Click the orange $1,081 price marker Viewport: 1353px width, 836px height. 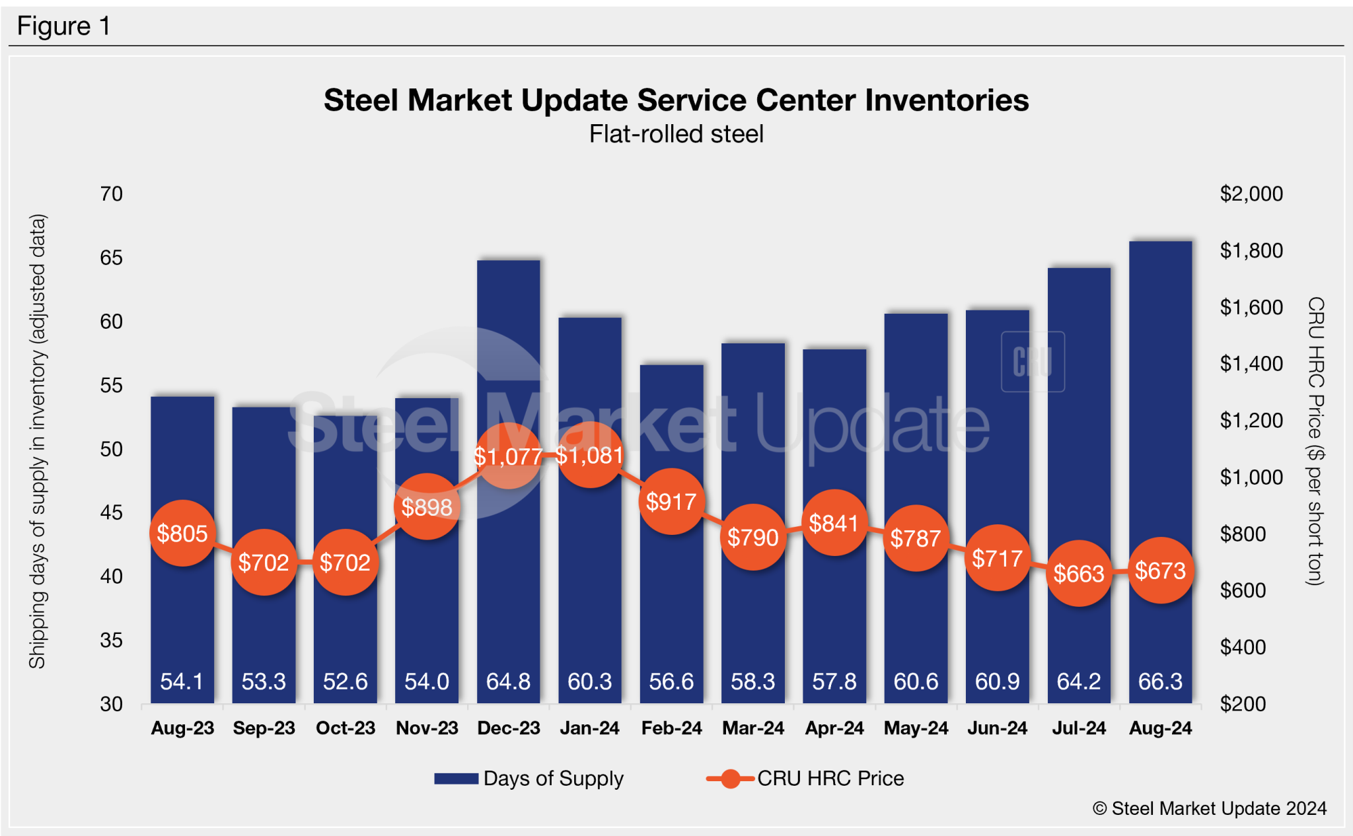click(x=589, y=455)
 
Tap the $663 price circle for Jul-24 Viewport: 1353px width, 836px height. click(x=1079, y=573)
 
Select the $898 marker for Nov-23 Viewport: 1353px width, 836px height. click(x=427, y=506)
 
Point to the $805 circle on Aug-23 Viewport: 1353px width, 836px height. click(x=182, y=533)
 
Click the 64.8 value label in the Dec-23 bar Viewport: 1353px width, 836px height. click(x=508, y=681)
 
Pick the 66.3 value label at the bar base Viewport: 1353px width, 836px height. click(x=1160, y=681)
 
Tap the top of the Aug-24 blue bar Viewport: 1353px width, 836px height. click(x=1160, y=243)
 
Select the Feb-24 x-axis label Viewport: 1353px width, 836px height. click(x=671, y=728)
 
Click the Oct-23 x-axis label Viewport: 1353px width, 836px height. click(x=345, y=728)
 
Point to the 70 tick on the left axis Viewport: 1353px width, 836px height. click(x=111, y=193)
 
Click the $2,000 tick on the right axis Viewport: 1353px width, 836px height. click(x=1251, y=193)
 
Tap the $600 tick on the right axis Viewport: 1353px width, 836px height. click(x=1242, y=590)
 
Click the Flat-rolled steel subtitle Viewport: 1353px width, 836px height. click(x=676, y=134)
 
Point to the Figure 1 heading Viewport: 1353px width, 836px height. click(x=63, y=26)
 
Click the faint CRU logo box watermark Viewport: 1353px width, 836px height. click(x=1033, y=362)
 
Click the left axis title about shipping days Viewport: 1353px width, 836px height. click(x=37, y=441)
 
